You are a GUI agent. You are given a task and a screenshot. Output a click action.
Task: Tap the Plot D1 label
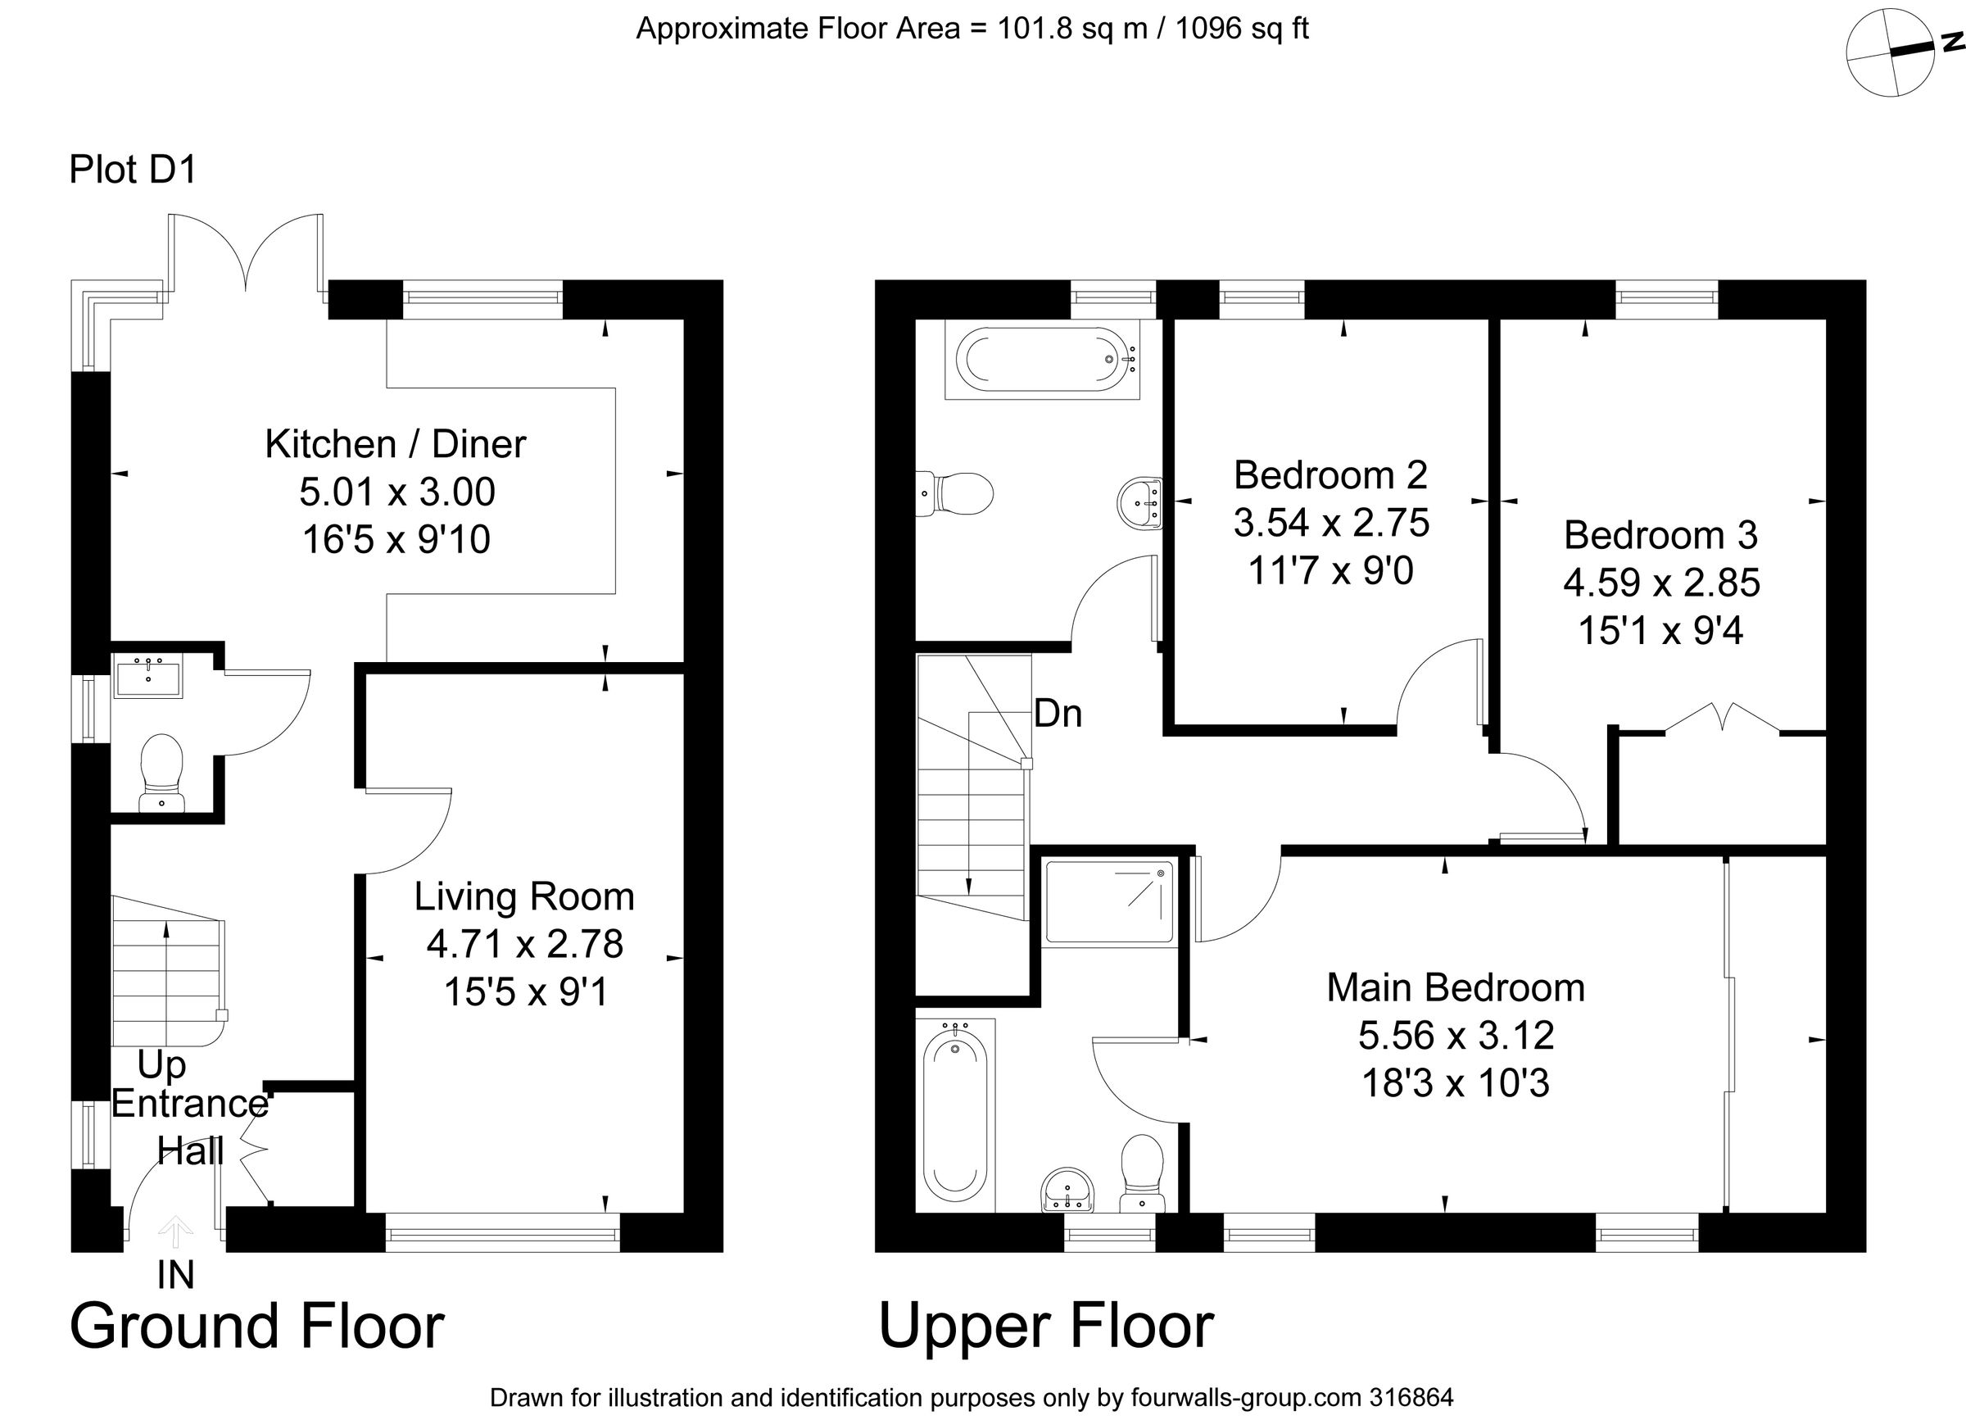click(x=133, y=170)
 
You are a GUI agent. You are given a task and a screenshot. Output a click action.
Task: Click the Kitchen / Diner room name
click(x=396, y=445)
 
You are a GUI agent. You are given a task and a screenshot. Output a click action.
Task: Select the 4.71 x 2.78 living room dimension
click(x=524, y=944)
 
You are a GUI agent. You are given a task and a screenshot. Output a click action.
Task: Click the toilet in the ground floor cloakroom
click(x=162, y=773)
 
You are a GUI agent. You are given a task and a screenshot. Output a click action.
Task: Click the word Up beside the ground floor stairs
click(x=161, y=1065)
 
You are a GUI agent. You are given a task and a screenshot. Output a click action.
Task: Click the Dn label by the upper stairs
click(x=1058, y=714)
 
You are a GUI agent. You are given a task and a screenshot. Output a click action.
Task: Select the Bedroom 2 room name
click(x=1330, y=475)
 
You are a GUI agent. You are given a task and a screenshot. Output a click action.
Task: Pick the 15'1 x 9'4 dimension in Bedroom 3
click(x=1660, y=630)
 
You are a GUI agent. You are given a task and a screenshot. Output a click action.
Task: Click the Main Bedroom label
click(x=1456, y=988)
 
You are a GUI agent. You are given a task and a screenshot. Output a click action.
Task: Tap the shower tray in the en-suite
click(x=1108, y=901)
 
